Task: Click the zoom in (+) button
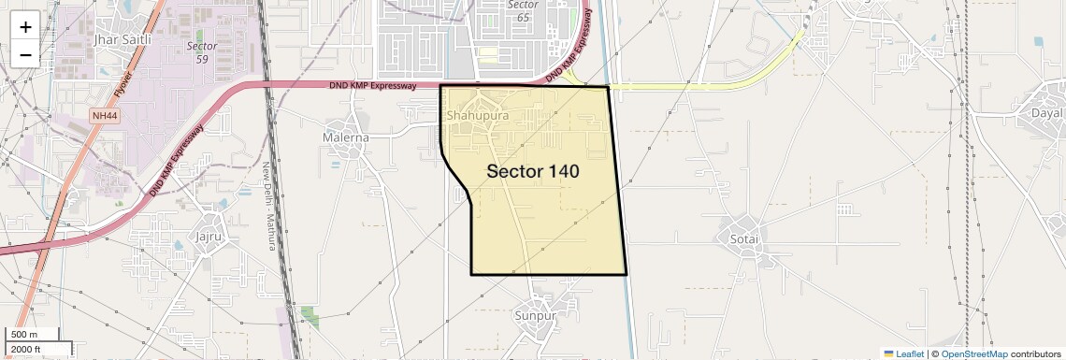click(x=25, y=26)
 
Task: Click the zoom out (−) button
click(x=25, y=54)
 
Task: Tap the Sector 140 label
click(x=533, y=172)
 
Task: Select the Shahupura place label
click(x=478, y=116)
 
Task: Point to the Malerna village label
click(x=345, y=137)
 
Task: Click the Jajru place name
click(x=208, y=236)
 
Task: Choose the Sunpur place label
click(x=535, y=315)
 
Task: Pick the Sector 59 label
click(x=202, y=52)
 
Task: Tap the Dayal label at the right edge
click(x=1046, y=113)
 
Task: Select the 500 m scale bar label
click(x=24, y=335)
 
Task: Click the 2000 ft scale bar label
click(x=27, y=350)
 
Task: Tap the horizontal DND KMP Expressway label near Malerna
click(x=372, y=86)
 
